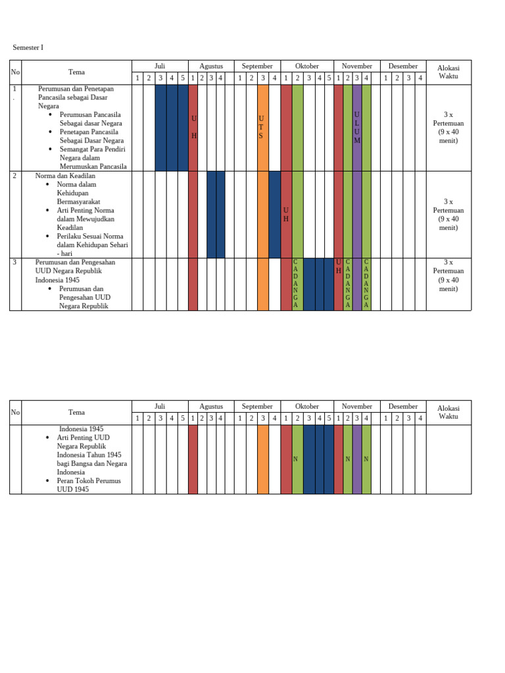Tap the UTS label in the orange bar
pyautogui.click(x=260, y=127)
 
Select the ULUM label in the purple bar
pyautogui.click(x=357, y=128)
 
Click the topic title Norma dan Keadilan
pyautogui.click(x=66, y=176)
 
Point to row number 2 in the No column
pyautogui.click(x=14, y=176)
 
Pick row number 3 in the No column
pyautogui.click(x=14, y=262)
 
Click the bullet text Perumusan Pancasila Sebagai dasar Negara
pyautogui.click(x=91, y=119)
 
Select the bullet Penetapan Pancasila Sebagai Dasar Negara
pyautogui.click(x=91, y=136)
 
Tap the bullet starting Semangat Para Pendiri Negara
pyautogui.click(x=93, y=158)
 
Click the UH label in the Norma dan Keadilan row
pyautogui.click(x=286, y=214)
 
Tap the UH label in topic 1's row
pyautogui.click(x=193, y=127)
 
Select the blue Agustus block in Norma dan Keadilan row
pyautogui.click(x=216, y=214)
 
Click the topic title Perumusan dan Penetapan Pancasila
pyautogui.click(x=76, y=97)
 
